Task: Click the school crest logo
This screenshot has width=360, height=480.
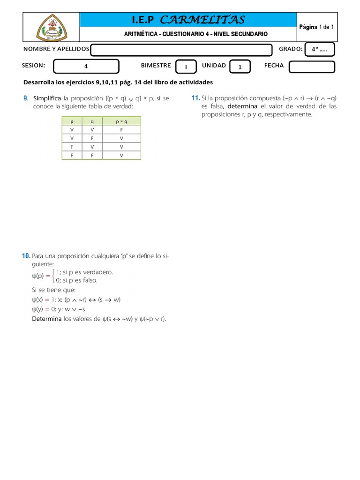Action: click(52, 27)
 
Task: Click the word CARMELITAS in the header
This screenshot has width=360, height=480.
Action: click(202, 20)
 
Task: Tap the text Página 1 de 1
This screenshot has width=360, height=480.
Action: click(316, 27)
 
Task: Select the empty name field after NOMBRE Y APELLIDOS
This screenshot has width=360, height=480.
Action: click(181, 50)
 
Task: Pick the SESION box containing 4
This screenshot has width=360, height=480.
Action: click(86, 67)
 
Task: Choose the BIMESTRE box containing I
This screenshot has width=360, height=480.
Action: click(186, 67)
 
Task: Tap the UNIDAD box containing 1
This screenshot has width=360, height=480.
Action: click(240, 67)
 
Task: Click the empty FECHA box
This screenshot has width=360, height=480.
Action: click(312, 67)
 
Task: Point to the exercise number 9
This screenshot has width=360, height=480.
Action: click(26, 98)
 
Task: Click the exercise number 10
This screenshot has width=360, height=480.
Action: click(26, 256)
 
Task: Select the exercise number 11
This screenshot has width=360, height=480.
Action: click(195, 98)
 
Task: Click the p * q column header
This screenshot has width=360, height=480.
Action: click(121, 121)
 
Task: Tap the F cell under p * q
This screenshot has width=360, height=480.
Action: click(121, 129)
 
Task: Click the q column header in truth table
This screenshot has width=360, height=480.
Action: click(92, 121)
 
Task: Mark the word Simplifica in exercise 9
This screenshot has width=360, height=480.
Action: click(47, 98)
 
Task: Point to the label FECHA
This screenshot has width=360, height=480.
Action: click(274, 66)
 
